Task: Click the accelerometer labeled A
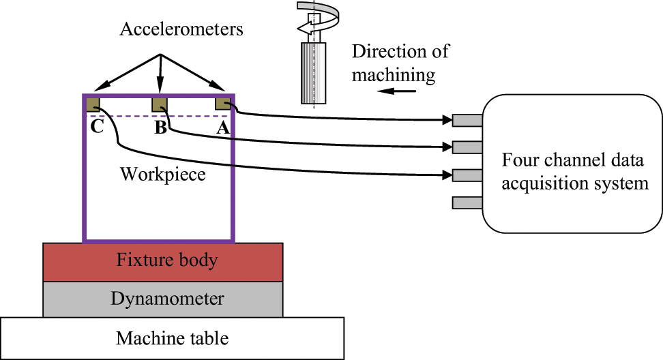tap(223, 104)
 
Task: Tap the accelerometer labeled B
tap(160, 104)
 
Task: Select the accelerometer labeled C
tap(93, 104)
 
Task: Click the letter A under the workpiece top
tap(223, 127)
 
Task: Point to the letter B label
tap(161, 127)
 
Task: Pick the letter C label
tap(98, 126)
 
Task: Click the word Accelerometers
tap(181, 29)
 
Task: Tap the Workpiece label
tap(163, 174)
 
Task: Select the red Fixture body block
tap(163, 262)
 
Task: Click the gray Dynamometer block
tap(163, 299)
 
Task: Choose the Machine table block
tap(172, 338)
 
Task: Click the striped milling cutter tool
tap(313, 73)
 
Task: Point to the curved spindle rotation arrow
tap(317, 17)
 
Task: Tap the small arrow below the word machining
tap(396, 91)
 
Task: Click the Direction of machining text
tap(400, 63)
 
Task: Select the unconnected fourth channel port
tap(467, 202)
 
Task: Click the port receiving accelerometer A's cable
tap(467, 121)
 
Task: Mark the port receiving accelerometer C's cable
tap(467, 175)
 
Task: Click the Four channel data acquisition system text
tap(574, 172)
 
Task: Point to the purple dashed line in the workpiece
tap(158, 115)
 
